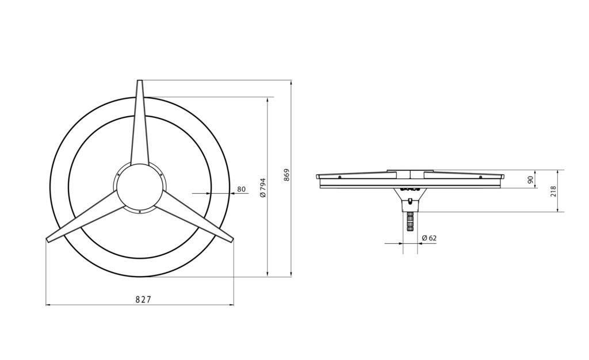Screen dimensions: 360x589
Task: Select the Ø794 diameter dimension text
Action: [263, 187]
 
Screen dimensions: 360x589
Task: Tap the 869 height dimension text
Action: [286, 175]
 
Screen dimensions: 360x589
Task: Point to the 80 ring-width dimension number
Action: [241, 189]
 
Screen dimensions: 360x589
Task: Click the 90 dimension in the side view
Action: [531, 179]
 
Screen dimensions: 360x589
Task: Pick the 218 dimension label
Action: [553, 191]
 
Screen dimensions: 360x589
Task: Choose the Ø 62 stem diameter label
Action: [429, 238]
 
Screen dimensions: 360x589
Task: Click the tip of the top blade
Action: [140, 81]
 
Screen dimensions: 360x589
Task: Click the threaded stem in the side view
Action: [410, 221]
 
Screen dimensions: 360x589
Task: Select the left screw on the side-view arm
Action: [341, 177]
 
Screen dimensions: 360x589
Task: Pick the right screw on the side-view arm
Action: [480, 177]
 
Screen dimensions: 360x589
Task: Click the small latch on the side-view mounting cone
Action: [410, 201]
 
